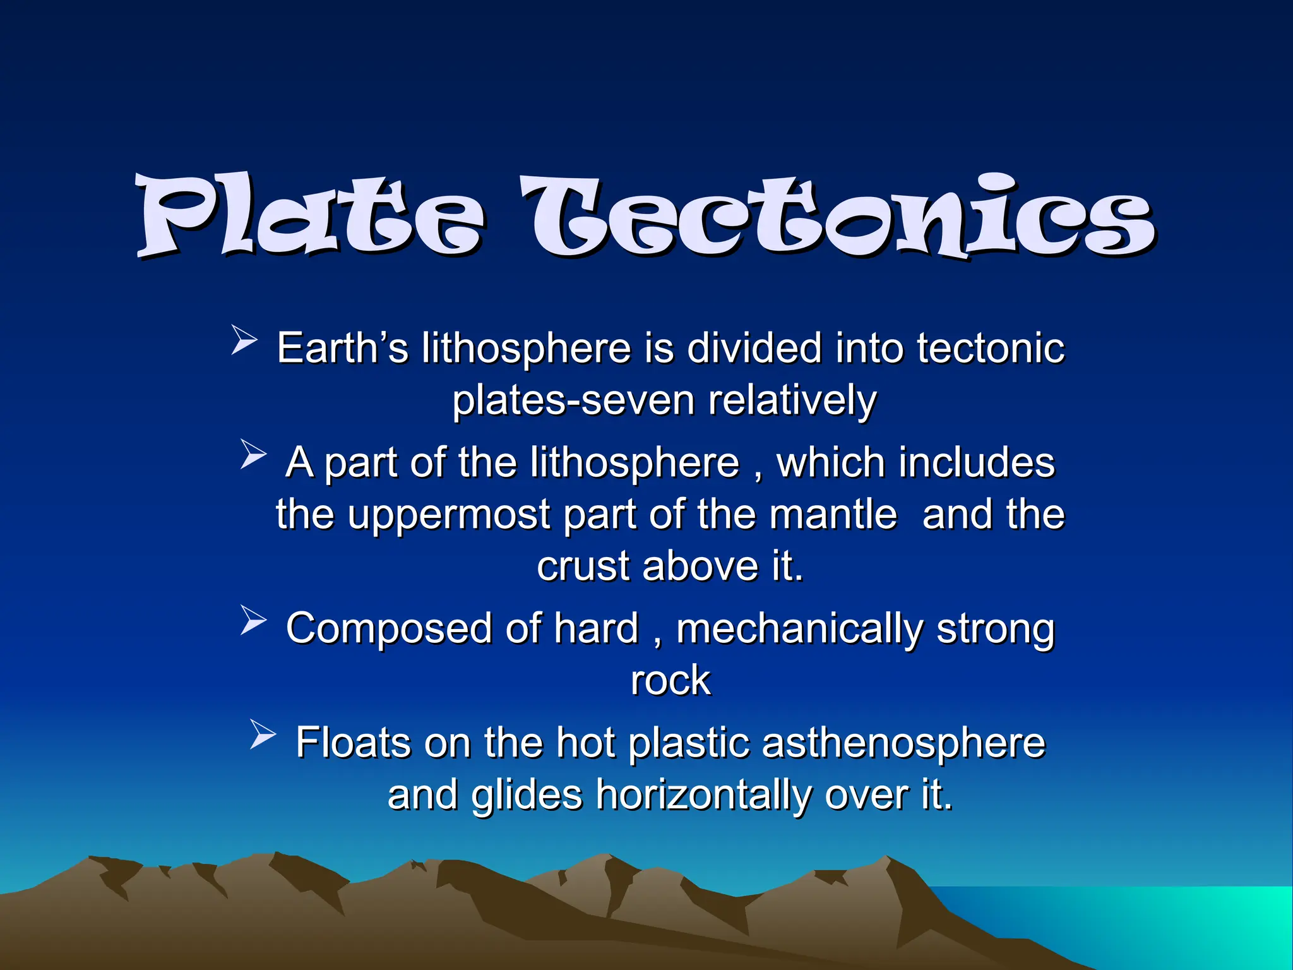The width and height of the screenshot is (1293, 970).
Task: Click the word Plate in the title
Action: [x=309, y=218]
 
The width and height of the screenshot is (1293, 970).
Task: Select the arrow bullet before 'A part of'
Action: [x=253, y=455]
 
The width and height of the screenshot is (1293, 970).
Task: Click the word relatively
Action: [x=792, y=402]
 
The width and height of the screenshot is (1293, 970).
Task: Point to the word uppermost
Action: [x=449, y=515]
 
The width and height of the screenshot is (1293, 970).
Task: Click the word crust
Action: [x=583, y=566]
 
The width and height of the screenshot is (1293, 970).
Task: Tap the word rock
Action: [x=670, y=681]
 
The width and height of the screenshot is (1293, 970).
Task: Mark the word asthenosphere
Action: [x=903, y=743]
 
